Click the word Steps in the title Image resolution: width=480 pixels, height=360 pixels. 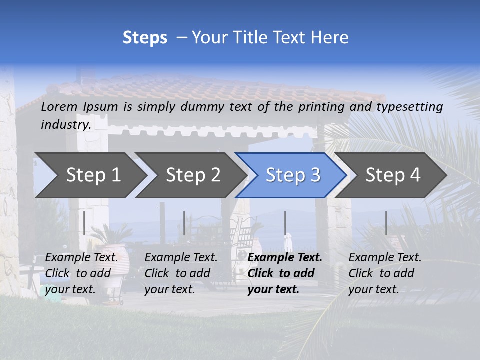click(145, 38)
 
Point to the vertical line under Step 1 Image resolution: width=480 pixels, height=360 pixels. click(84, 223)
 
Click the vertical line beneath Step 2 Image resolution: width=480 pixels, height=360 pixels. click(184, 223)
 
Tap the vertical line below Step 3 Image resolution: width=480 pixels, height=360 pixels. click(285, 223)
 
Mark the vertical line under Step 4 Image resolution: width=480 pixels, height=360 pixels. click(386, 223)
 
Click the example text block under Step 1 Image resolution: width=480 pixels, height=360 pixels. click(81, 273)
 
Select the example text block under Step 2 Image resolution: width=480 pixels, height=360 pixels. click(181, 273)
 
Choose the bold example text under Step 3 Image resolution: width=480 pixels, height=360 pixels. click(285, 273)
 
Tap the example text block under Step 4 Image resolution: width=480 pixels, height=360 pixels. click(385, 273)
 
